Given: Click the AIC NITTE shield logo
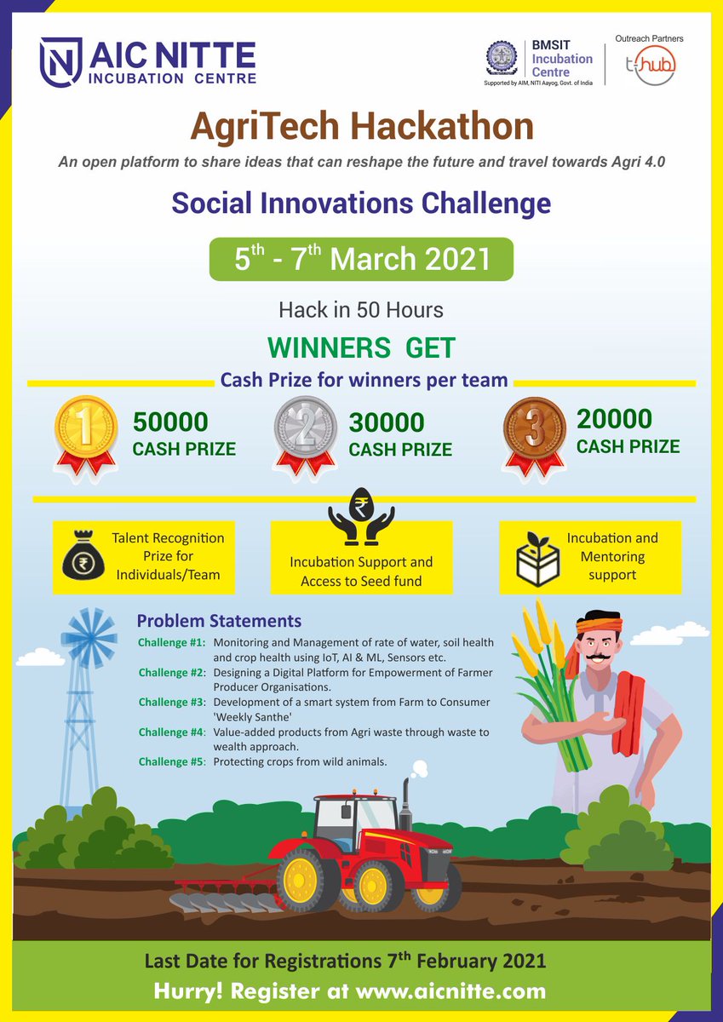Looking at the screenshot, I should pos(60,60).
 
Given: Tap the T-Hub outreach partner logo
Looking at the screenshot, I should pos(645,65).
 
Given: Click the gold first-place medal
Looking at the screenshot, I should pos(85,430).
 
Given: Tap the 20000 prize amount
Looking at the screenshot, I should pos(614,419).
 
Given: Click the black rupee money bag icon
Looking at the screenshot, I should pos(83,558).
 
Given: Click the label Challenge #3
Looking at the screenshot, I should pos(172,702).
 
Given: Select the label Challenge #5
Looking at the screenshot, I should pos(172,761).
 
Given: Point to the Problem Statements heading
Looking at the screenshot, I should pos(219,621).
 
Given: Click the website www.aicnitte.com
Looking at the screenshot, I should pos(450,991).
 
